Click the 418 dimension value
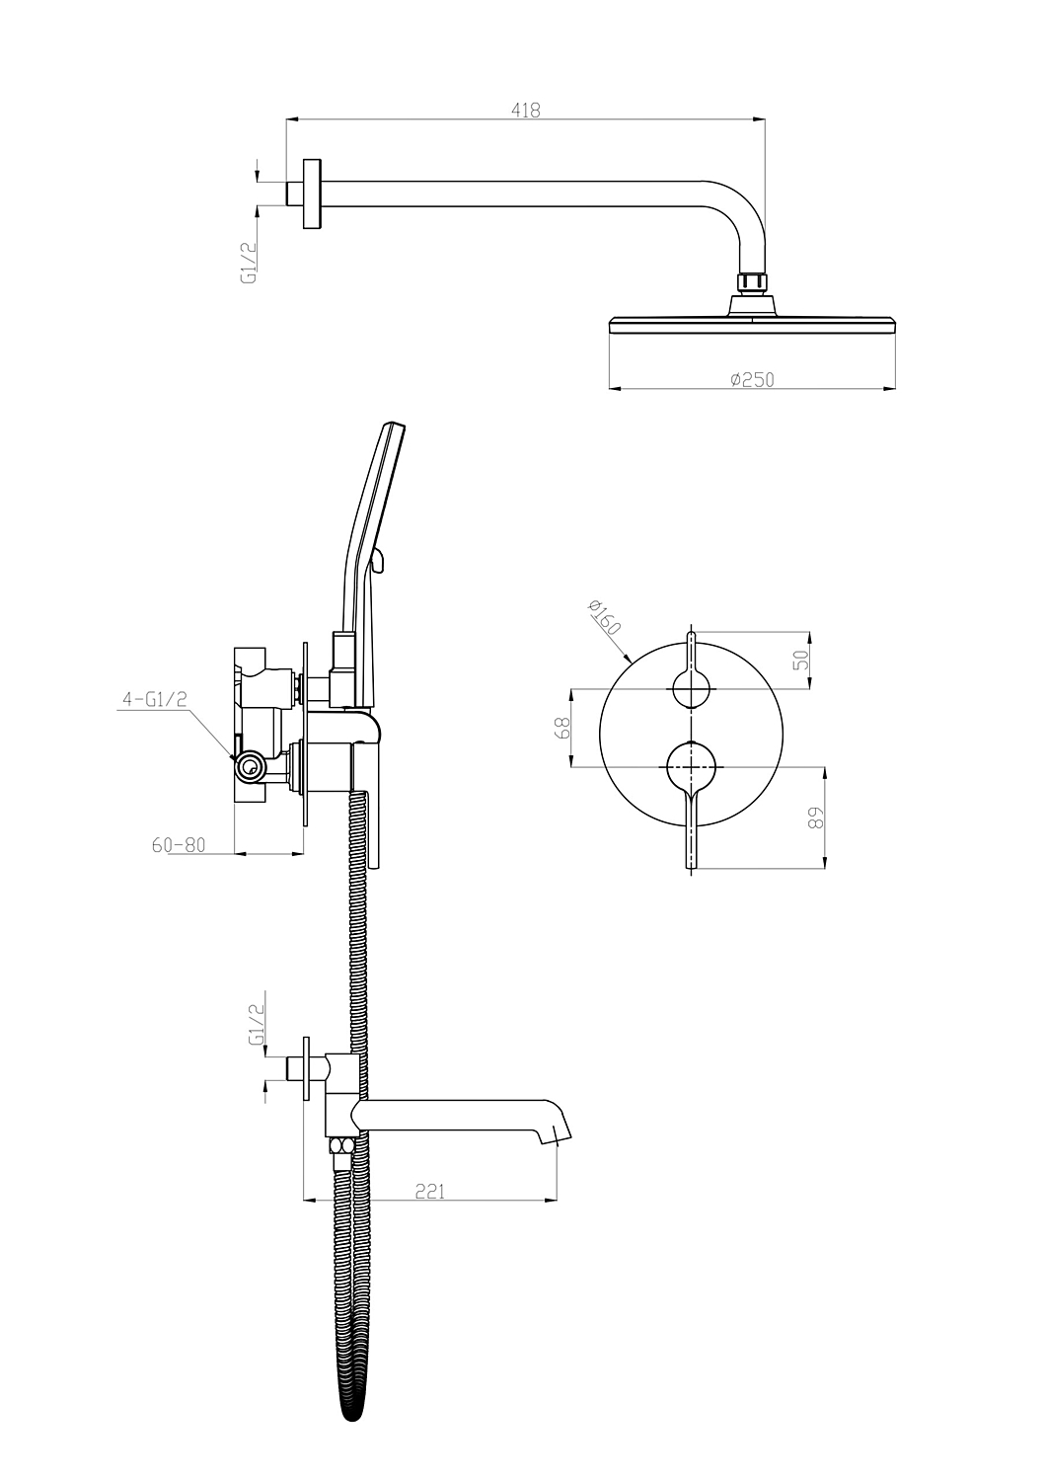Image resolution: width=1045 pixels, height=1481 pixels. (526, 111)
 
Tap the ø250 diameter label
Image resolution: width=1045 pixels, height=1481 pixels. (752, 380)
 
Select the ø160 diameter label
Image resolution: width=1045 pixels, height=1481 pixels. (604, 617)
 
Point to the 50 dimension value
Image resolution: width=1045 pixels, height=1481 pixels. (801, 660)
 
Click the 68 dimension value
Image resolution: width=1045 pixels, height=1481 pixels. (563, 729)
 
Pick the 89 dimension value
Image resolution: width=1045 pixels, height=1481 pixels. (817, 818)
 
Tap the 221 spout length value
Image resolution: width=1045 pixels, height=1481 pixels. (429, 1192)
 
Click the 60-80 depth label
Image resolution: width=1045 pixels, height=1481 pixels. (179, 845)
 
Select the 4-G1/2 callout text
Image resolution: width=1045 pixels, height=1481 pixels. (155, 698)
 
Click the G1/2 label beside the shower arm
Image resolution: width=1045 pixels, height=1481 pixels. (248, 263)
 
